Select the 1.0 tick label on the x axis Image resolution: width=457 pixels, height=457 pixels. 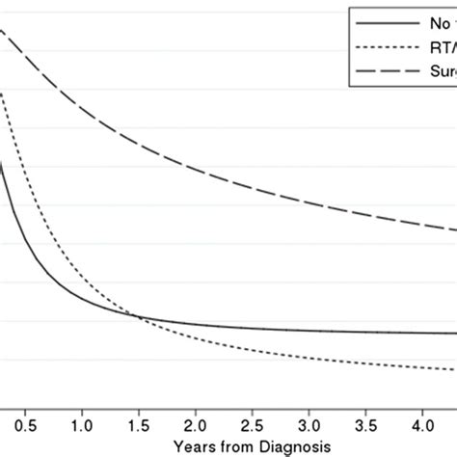[x=83, y=423]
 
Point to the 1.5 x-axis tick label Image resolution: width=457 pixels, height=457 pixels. [x=140, y=423]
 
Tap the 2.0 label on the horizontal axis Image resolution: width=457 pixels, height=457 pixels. [x=196, y=423]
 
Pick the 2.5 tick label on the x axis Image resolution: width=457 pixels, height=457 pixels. [x=253, y=423]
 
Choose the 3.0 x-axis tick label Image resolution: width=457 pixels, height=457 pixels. [x=309, y=423]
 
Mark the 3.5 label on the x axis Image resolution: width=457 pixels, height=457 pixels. [x=365, y=423]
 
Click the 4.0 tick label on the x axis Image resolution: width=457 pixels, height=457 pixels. [x=421, y=423]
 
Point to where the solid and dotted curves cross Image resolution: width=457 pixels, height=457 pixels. [x=140, y=317]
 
